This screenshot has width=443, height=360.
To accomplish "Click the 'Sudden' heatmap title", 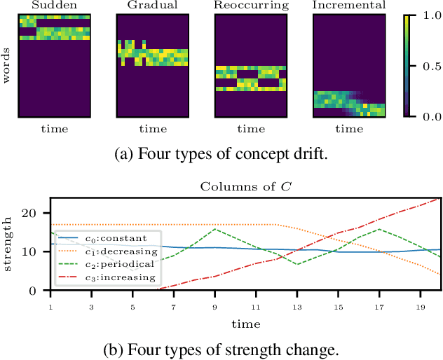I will pyautogui.click(x=54, y=6).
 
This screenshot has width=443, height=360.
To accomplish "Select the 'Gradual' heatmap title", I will pyautogui.click(x=152, y=6).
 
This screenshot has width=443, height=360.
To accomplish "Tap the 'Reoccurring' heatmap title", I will pyautogui.click(x=250, y=6).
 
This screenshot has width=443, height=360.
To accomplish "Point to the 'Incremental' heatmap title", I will pyautogui.click(x=348, y=6).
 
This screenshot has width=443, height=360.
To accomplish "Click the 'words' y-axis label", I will pyautogui.click(x=6, y=65).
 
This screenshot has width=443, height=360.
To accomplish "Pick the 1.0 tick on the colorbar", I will pyautogui.click(x=428, y=15).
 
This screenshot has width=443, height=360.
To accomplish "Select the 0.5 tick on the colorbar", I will pyautogui.click(x=428, y=65).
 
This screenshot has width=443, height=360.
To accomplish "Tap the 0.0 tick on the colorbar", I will pyautogui.click(x=428, y=116).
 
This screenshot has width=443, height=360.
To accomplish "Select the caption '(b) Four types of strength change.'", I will pyautogui.click(x=221, y=348).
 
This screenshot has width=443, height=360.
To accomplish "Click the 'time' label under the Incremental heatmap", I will pyautogui.click(x=348, y=130).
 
